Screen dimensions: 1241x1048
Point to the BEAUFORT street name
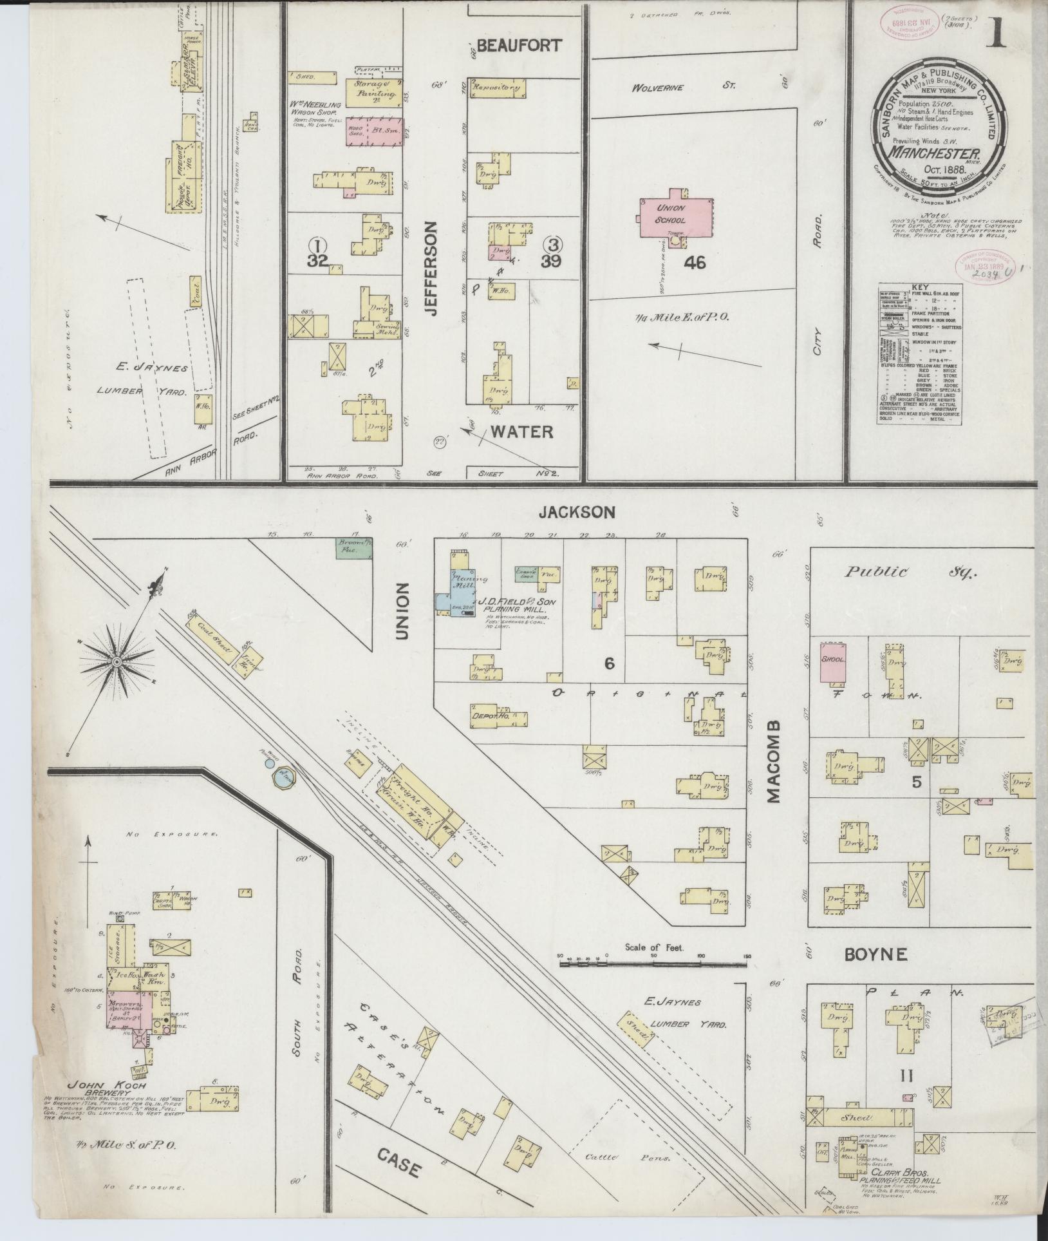coord(519,46)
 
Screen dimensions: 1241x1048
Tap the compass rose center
coord(117,662)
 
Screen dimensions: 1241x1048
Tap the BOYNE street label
coord(876,954)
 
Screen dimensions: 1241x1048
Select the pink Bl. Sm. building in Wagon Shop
coord(375,131)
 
